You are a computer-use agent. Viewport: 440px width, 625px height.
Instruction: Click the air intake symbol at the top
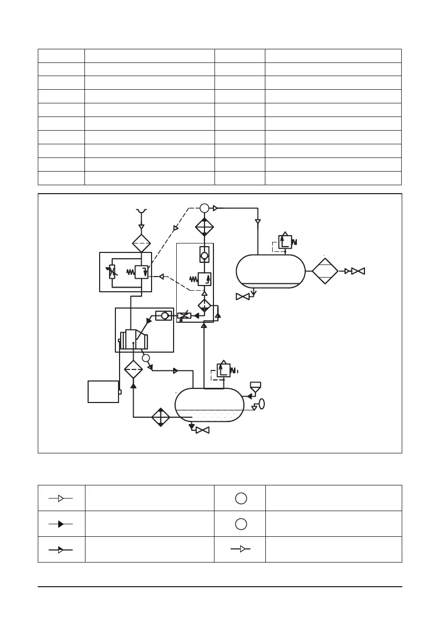coord(141,211)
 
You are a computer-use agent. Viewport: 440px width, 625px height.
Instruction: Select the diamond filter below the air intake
coord(141,243)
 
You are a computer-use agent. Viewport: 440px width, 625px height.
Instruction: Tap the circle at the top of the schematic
coord(205,208)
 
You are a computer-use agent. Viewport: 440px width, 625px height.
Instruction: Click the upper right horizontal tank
coord(270,271)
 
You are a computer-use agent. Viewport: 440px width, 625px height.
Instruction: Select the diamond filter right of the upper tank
coord(325,271)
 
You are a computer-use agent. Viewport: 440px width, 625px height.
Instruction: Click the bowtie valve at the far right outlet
coord(358,271)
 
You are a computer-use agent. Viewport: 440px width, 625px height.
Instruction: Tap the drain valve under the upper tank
coord(242,296)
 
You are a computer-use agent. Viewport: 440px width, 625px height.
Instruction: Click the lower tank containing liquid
coord(209,405)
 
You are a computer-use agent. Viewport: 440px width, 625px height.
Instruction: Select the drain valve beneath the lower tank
coord(202,430)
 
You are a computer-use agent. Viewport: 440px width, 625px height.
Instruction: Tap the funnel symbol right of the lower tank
coord(255,387)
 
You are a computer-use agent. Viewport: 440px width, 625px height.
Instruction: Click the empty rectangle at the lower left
coord(103,391)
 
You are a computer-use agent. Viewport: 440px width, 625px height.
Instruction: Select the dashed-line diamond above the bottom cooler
coord(133,369)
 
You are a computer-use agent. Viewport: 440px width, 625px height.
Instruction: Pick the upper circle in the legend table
coord(240,498)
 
